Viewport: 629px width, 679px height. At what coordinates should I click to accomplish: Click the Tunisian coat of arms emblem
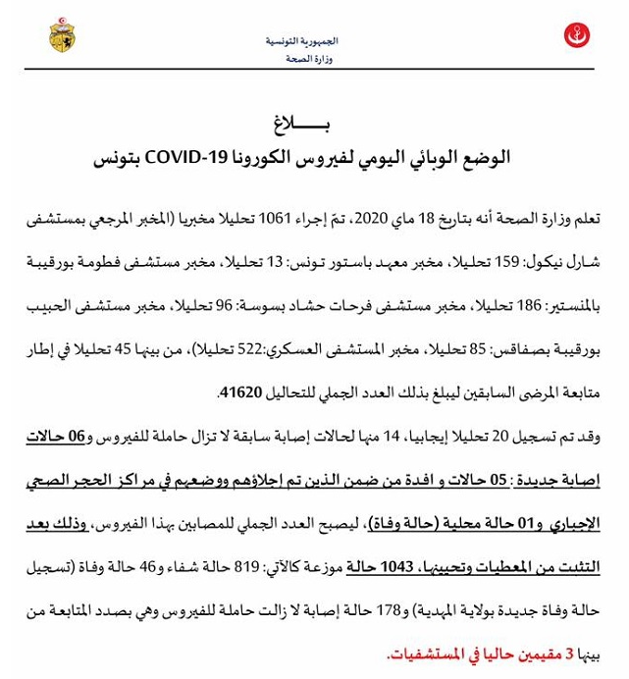(61, 36)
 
